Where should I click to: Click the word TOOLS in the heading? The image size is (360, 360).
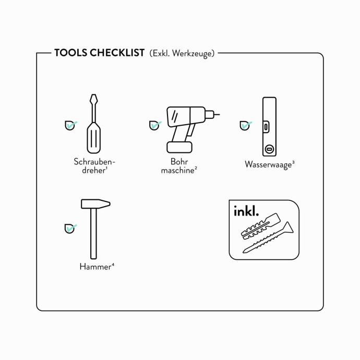71,53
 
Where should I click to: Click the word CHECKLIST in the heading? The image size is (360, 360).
117,53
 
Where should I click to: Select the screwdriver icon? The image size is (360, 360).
94,124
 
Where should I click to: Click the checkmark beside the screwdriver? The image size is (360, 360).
71,125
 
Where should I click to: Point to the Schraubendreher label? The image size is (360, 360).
94,166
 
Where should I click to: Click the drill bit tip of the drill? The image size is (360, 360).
219,114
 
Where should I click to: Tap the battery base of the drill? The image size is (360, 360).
179,147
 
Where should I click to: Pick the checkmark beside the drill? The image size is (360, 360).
155,125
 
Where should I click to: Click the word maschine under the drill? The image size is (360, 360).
178,171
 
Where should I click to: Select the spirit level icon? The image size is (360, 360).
269,127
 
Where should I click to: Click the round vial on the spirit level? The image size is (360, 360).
269,149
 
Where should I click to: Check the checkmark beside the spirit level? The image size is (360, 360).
246,126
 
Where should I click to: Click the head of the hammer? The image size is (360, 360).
95,204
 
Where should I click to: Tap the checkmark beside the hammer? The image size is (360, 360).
70,229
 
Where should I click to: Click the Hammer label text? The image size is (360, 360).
97,267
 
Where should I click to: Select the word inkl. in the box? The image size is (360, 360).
246,211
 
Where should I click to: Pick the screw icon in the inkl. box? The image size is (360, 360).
268,237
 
